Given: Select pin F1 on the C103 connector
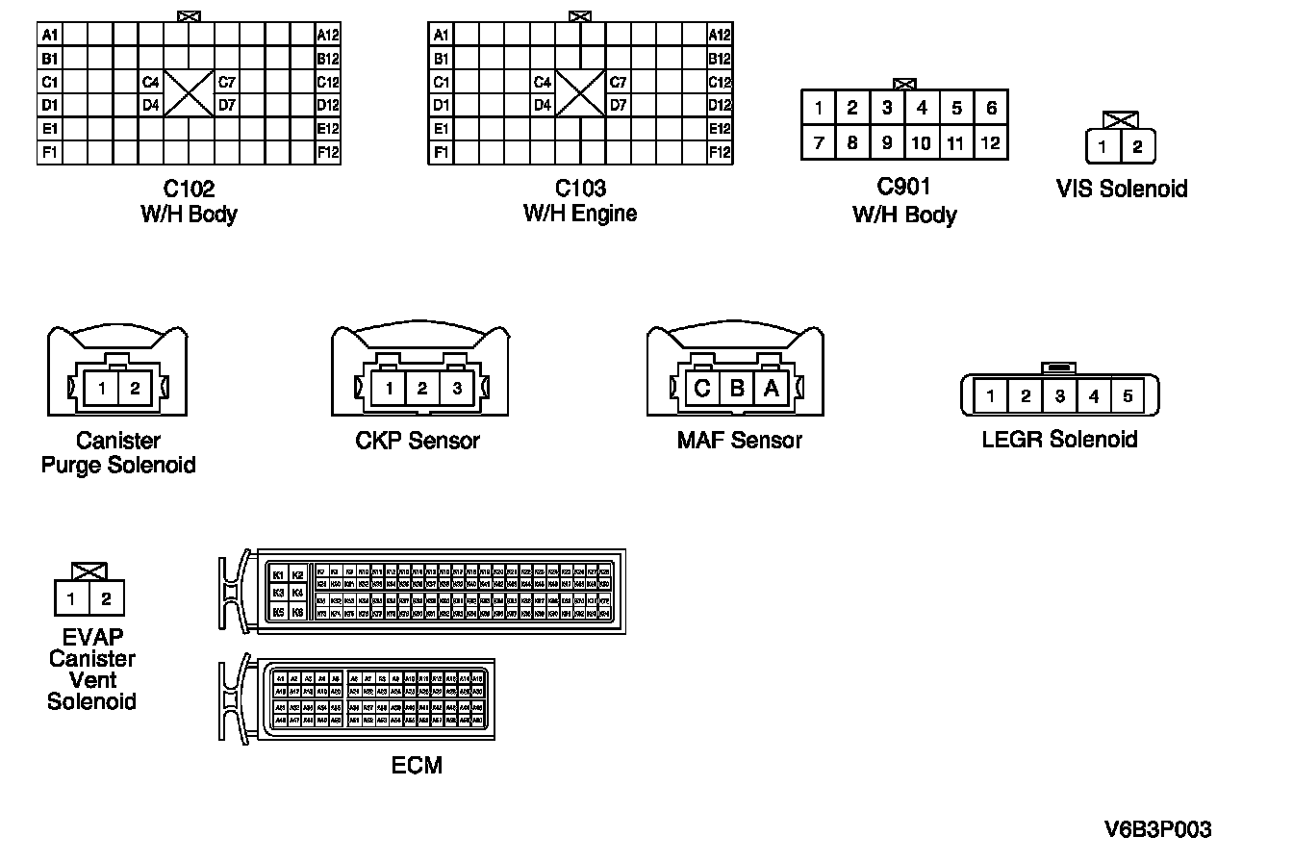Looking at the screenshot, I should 442,152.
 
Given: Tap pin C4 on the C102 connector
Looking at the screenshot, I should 151,82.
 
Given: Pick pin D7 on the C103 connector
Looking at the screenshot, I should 619,106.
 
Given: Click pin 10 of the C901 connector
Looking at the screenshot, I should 922,143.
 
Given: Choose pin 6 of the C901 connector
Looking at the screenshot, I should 991,108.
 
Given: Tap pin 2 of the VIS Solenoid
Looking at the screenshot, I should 1137,147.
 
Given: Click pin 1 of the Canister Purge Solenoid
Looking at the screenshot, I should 101,389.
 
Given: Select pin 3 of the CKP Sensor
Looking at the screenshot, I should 457,389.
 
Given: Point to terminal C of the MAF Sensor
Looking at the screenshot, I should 702,389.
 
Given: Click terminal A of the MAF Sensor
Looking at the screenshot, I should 771,389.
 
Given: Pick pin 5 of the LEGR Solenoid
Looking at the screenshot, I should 1128,395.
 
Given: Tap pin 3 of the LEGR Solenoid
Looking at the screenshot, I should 1059,395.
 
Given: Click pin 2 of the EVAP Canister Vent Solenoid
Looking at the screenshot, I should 107,599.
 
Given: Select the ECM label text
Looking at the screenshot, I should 417,766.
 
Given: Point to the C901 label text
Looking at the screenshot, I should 904,188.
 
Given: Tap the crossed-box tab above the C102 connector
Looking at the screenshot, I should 190,16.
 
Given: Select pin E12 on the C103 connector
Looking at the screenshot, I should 720,129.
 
